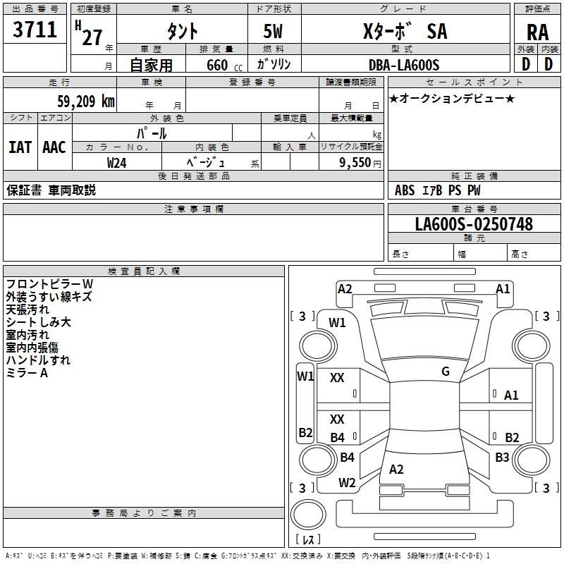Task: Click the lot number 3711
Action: coord(35,30)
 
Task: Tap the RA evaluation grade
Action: coord(538,32)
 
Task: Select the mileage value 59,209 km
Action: coord(86,102)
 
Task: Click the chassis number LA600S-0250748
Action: coord(474,223)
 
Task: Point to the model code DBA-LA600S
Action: coord(404,65)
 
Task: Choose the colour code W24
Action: coord(116,163)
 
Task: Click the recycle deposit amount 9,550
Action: coord(355,163)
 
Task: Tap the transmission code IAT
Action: coord(20,147)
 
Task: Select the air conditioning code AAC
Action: coord(54,147)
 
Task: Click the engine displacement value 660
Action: coord(217,65)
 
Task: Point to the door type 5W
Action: coord(273,31)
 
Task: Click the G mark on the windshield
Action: coord(446,372)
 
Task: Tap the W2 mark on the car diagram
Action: coord(347,483)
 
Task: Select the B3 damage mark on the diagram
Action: coord(502,458)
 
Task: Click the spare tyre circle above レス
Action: coord(308,515)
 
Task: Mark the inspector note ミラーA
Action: coord(27,373)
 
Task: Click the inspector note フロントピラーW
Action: coord(49,284)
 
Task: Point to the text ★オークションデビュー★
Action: coord(452,98)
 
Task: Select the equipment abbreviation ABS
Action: coord(405,190)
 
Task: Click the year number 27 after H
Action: coord(92,37)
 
